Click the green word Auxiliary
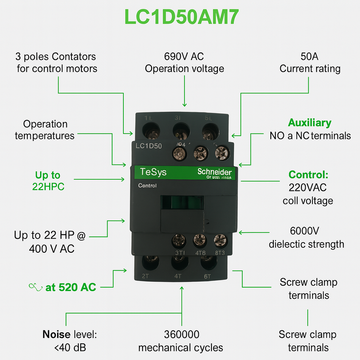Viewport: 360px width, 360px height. [309, 123]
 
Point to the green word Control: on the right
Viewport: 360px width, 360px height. [308, 175]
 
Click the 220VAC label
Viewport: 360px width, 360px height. [307, 187]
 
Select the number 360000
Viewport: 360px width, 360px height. [181, 334]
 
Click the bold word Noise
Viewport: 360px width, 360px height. [57, 334]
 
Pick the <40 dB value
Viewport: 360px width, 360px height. [70, 348]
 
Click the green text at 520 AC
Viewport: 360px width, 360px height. [70, 287]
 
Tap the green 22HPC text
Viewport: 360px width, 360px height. [48, 186]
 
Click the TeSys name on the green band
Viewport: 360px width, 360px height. [153, 172]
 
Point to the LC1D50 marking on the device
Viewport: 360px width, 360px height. [148, 146]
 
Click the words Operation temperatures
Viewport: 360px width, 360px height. [45, 129]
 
